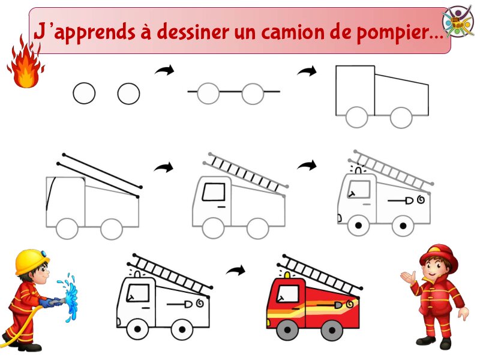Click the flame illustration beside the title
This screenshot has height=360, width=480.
(x=26, y=63)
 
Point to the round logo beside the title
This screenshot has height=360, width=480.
(x=458, y=21)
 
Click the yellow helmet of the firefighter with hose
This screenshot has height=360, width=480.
(x=32, y=261)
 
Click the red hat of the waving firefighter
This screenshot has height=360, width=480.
(x=439, y=256)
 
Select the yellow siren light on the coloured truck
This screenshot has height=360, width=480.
(x=288, y=275)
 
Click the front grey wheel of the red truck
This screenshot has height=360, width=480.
(x=287, y=329)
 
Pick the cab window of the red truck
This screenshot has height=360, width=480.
(x=289, y=294)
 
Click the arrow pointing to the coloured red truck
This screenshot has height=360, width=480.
(x=236, y=271)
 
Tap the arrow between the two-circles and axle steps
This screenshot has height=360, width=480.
(x=164, y=70)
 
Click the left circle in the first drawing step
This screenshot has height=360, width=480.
(x=84, y=94)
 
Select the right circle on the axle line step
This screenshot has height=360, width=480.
(x=253, y=94)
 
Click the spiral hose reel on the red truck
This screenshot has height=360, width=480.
(x=350, y=304)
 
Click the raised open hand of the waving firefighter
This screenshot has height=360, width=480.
(x=409, y=277)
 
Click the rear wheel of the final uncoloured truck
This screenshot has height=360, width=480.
(x=182, y=329)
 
